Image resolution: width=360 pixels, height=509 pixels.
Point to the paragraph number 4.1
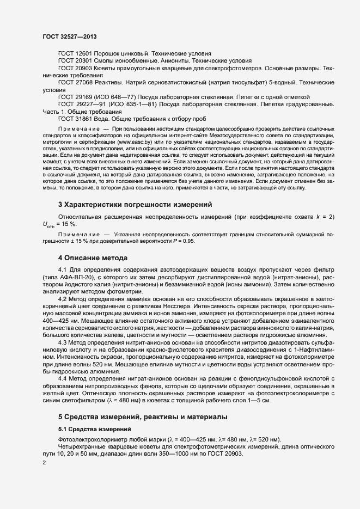pos(62,270)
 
